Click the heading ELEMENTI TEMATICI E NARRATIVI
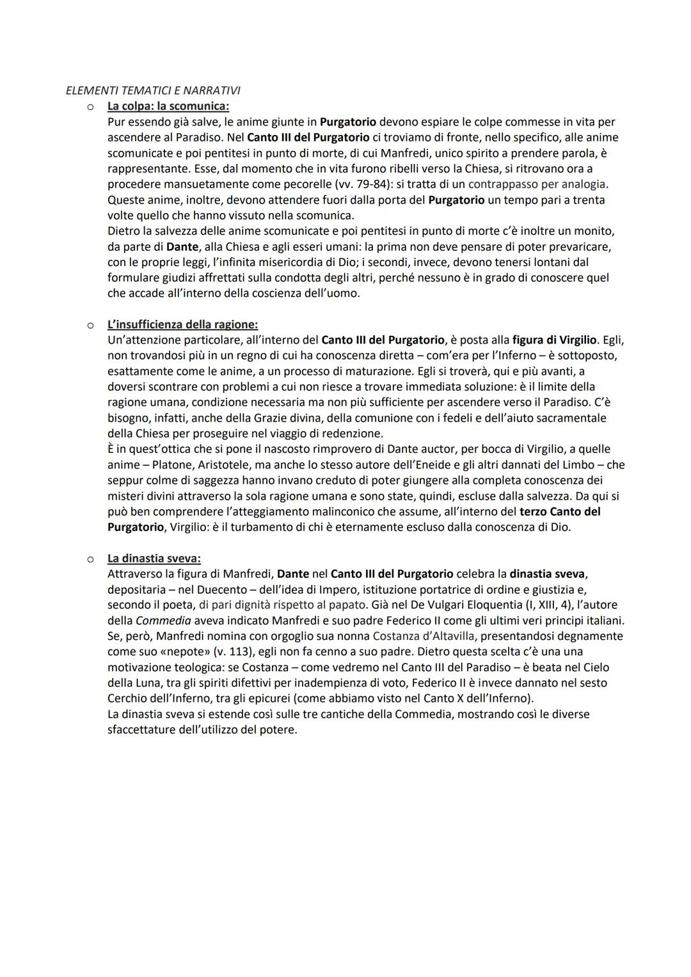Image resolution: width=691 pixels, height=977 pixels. pos(153,90)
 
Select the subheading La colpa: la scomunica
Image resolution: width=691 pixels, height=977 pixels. pos(168,106)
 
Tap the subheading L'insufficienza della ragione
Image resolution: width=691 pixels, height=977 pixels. pos(182,324)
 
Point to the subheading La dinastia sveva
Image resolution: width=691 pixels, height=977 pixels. pos(154,559)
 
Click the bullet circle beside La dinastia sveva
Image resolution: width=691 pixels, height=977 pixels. pos(91,559)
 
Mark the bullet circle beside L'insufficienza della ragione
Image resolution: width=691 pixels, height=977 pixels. pos(91,325)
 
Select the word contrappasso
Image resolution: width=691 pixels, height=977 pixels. pos(507,184)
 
